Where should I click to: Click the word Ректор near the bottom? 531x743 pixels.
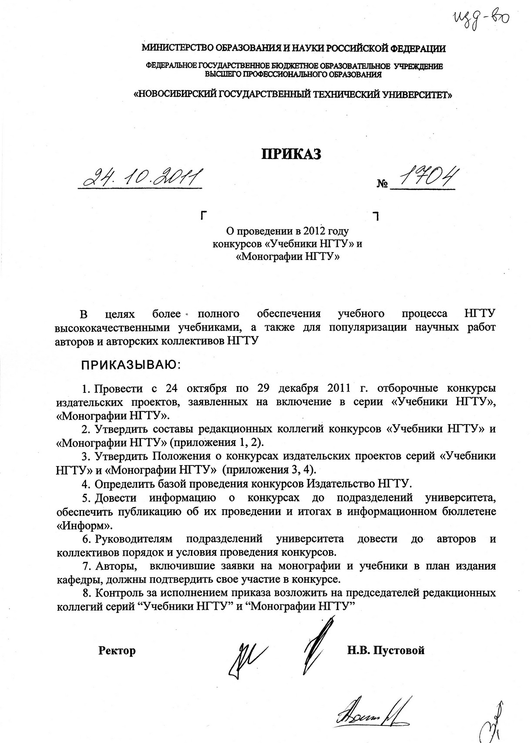click(x=117, y=651)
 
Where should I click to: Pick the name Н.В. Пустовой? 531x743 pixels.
click(x=386, y=651)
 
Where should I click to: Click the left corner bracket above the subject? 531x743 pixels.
click(x=203, y=215)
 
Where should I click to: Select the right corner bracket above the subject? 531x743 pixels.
click(x=376, y=215)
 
